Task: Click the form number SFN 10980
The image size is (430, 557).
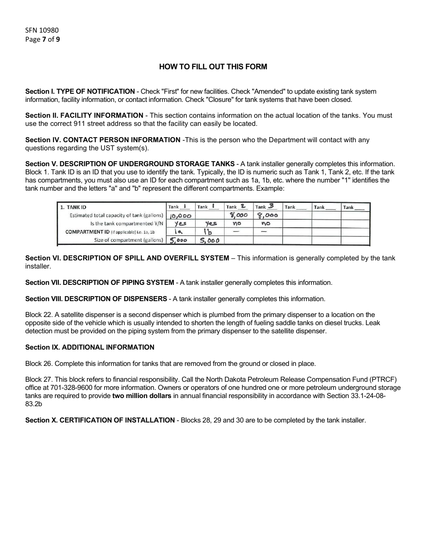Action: pos(42,30)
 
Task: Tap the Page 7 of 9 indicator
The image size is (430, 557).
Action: pos(43,39)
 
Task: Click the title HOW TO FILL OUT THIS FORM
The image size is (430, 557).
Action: pos(213,67)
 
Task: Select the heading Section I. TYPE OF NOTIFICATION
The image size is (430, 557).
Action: pos(80,91)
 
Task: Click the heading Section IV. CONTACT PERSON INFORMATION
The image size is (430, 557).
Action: pos(102,140)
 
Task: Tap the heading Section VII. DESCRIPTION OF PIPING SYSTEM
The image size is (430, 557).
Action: pos(99,283)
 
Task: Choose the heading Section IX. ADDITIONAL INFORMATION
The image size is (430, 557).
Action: pos(90,347)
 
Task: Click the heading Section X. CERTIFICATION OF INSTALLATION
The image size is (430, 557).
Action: pos(100,420)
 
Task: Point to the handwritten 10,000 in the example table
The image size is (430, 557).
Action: pos(181,216)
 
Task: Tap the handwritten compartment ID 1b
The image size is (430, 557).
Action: pos(207,232)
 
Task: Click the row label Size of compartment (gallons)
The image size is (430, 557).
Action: pos(129,240)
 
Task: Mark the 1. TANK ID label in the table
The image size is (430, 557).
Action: pos(73,207)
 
